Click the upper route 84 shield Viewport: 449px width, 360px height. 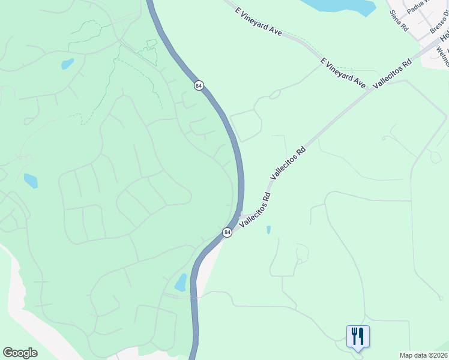click(198, 86)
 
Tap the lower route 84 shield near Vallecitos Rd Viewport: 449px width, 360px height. click(227, 232)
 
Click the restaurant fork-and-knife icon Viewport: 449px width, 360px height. click(358, 336)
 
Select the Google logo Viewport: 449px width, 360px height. click(20, 353)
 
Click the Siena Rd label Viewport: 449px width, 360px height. click(399, 21)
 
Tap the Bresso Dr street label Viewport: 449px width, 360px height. click(439, 23)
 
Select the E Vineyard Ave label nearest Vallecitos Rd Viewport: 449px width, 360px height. click(343, 73)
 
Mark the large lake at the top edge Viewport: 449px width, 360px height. click(340, 6)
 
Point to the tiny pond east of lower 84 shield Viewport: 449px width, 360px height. click(268, 229)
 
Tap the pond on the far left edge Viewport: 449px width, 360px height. click(31, 181)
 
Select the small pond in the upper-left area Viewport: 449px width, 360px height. click(67, 64)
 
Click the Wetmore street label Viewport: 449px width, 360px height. click(444, 58)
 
